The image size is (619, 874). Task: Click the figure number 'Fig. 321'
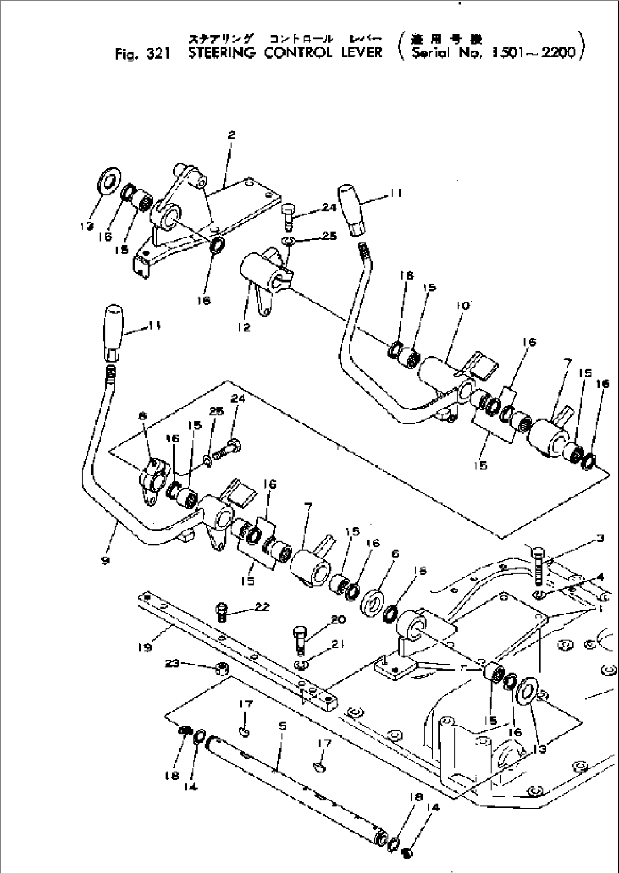click(140, 53)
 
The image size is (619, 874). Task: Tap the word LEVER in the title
click(358, 53)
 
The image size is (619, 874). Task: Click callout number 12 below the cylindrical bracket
click(245, 328)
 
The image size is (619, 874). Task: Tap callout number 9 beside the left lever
click(105, 560)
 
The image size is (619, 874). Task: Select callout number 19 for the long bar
click(144, 647)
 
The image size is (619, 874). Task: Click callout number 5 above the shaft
click(282, 726)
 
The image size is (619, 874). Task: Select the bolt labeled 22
click(223, 612)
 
